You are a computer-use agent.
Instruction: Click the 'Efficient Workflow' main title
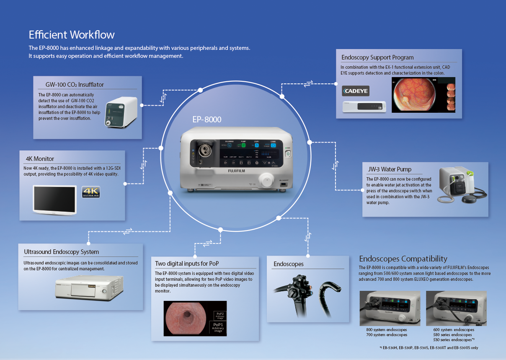coord(71,34)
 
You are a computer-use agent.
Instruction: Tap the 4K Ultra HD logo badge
coord(90,192)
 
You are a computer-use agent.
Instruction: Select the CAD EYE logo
coord(356,91)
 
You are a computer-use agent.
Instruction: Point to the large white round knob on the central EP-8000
coord(266,180)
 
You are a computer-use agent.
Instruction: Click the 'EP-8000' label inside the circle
coord(207,120)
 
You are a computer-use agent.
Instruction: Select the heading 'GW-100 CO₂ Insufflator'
coord(75,85)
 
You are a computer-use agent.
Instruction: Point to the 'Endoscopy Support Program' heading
coord(377,57)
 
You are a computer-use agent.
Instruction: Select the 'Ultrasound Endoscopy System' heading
coord(62,252)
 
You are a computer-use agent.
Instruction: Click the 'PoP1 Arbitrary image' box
coord(218,327)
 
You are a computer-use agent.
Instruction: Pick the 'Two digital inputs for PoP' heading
coord(187,264)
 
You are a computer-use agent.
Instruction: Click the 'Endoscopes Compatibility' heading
coord(403,259)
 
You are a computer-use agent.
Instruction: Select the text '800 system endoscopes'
coord(386,330)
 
